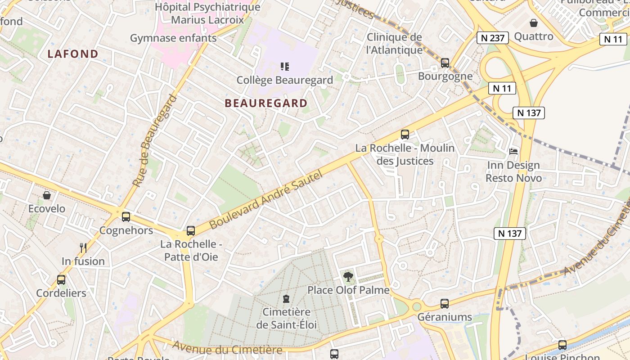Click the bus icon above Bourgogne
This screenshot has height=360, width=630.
point(445,63)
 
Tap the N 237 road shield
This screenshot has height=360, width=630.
point(492,38)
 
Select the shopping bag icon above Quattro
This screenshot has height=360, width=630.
point(534,23)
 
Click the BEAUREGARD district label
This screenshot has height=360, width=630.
point(266,103)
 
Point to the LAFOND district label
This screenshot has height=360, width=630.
point(73,54)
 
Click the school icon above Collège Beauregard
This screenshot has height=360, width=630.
point(284,67)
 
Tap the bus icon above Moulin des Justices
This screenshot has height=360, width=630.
point(405,134)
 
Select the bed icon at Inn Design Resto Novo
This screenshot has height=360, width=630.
point(513,152)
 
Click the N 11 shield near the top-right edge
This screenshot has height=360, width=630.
point(613,39)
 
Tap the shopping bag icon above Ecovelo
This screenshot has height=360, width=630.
point(47,195)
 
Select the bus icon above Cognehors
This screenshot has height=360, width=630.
point(126,217)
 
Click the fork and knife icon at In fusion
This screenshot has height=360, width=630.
point(83,247)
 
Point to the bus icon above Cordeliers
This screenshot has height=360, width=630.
point(61,279)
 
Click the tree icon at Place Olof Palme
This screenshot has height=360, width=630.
point(348,276)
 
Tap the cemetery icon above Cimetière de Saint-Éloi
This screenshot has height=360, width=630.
point(286,298)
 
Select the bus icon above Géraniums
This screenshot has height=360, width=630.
point(445,304)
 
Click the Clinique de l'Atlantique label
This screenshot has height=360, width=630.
point(394,43)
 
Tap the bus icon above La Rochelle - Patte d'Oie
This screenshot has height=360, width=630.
point(191,231)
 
